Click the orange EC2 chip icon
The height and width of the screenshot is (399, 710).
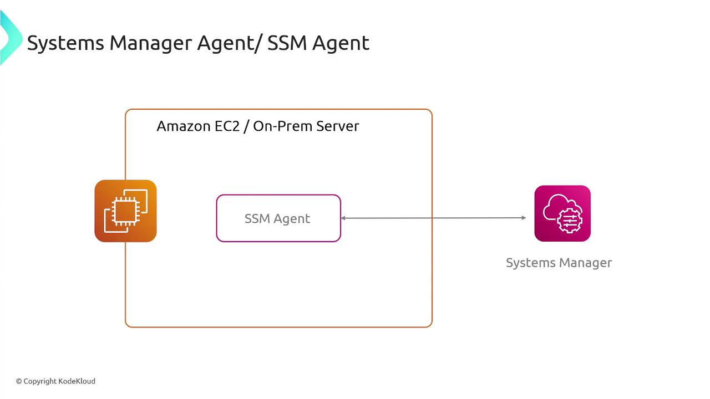pyautogui.click(x=125, y=211)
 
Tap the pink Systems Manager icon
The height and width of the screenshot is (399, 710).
pyautogui.click(x=562, y=213)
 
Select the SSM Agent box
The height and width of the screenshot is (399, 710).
pyautogui.click(x=278, y=218)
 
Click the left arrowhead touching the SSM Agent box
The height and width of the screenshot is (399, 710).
pyautogui.click(x=344, y=218)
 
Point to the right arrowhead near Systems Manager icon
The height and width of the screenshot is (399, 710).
pyautogui.click(x=523, y=218)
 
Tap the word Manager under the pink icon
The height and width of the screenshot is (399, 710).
pyautogui.click(x=586, y=263)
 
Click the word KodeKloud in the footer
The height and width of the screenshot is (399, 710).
pyautogui.click(x=77, y=381)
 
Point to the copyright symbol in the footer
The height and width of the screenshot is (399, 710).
pyautogui.click(x=19, y=381)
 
